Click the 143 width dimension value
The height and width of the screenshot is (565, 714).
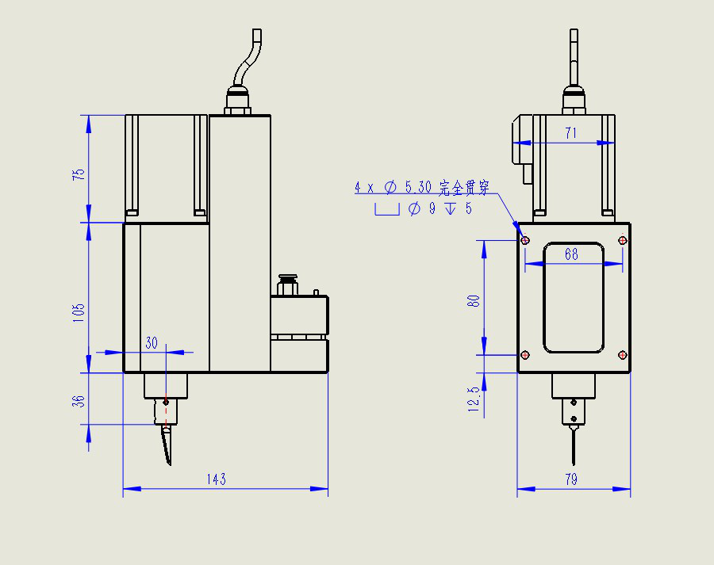216,479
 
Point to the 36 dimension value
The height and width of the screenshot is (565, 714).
79,400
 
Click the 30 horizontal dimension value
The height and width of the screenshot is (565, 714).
152,342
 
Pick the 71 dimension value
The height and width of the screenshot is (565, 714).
570,133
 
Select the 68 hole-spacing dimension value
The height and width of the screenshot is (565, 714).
571,254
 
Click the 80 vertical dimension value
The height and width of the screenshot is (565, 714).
474,301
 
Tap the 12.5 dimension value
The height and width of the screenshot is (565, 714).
474,399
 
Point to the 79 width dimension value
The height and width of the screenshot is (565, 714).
571,479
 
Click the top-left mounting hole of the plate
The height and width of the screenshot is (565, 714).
525,239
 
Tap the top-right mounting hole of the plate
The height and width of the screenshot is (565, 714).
623,239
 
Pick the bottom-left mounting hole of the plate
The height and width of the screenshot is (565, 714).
525,355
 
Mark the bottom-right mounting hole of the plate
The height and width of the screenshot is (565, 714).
623,355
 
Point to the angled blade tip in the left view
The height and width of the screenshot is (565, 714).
167,448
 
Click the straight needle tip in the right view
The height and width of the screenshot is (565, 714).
573,448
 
